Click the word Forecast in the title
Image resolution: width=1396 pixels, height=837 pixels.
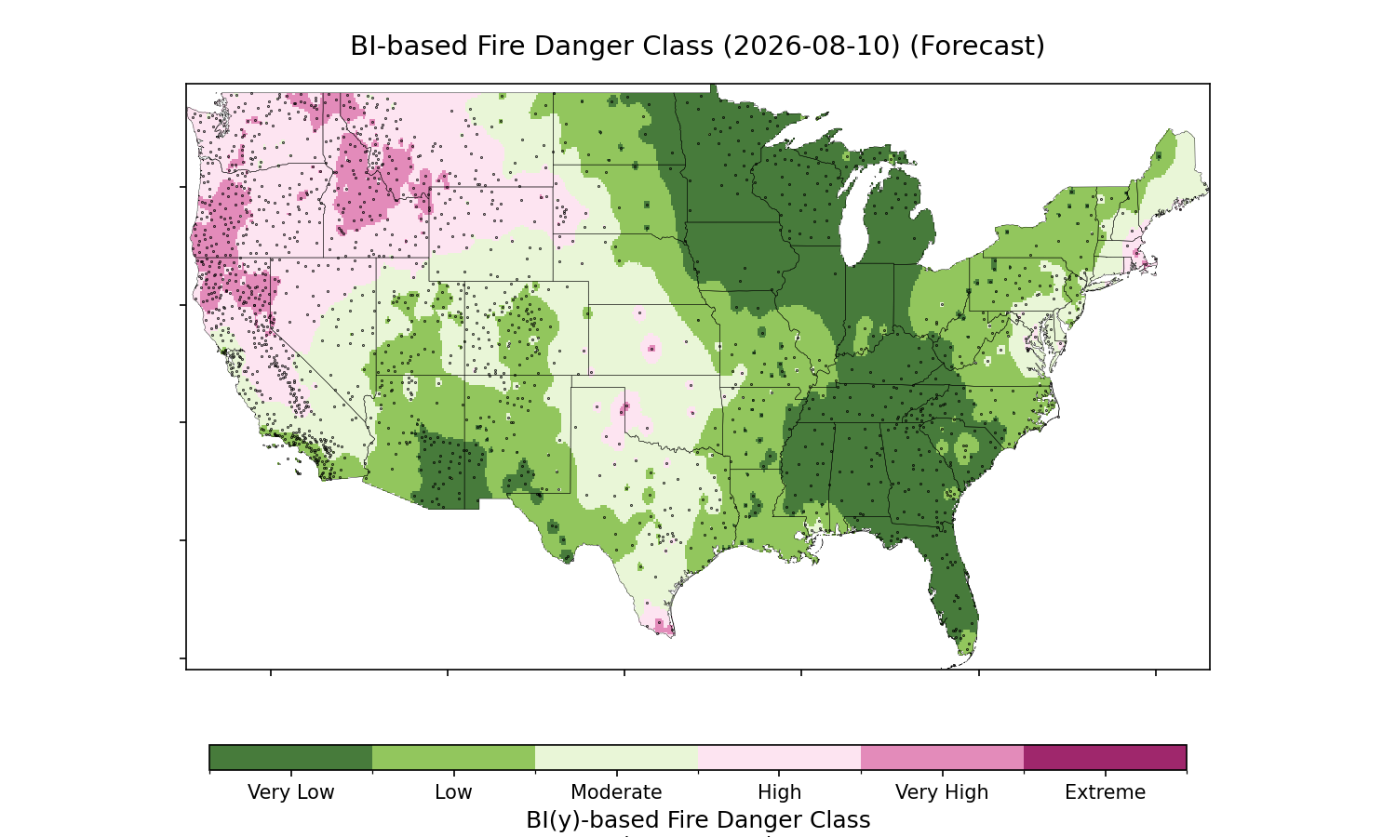click(977, 46)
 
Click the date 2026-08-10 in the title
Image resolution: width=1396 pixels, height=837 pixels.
click(812, 46)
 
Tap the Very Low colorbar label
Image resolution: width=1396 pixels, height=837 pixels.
click(291, 792)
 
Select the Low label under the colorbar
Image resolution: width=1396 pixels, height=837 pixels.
click(454, 792)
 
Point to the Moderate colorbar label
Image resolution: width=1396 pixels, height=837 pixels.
click(616, 792)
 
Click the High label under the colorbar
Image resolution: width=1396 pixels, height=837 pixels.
click(780, 792)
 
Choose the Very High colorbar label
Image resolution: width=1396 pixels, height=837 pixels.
click(942, 792)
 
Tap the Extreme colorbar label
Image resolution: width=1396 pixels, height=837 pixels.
click(1105, 792)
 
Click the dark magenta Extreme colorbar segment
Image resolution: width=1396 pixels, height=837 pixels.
click(1105, 757)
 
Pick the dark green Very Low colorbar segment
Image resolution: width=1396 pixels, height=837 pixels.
click(291, 757)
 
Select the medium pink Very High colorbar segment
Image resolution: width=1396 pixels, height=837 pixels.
click(942, 757)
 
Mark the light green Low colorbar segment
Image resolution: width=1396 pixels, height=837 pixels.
click(454, 757)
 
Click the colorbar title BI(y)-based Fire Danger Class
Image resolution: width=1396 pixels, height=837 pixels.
click(698, 820)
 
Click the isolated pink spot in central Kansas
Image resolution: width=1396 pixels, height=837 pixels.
click(651, 348)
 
